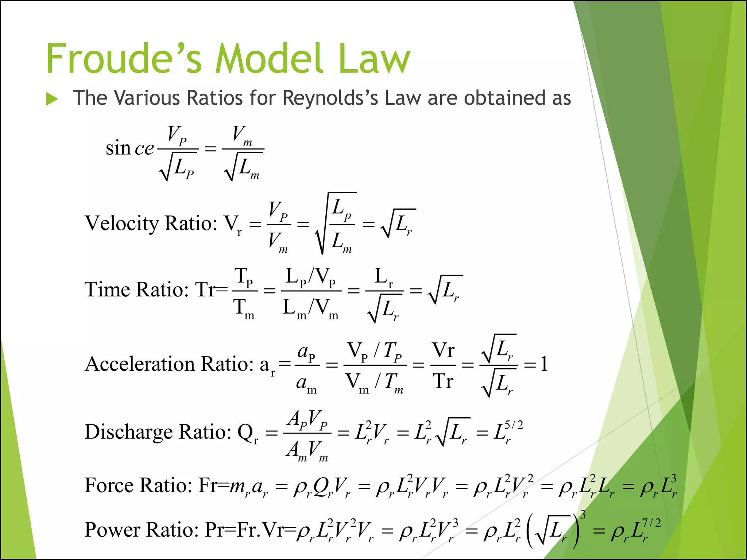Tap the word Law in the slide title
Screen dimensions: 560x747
(x=374, y=59)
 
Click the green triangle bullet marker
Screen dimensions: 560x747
(x=52, y=99)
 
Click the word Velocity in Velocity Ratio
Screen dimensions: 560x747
(x=122, y=223)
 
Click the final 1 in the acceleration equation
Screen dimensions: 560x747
(x=544, y=364)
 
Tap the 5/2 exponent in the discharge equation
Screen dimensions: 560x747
(x=514, y=425)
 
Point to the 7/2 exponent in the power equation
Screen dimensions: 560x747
(x=651, y=523)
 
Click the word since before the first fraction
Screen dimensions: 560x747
(x=129, y=148)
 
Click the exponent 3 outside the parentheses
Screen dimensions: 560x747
(x=583, y=514)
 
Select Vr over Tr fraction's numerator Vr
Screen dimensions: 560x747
(x=443, y=350)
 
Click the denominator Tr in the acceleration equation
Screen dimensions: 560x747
(x=443, y=381)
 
